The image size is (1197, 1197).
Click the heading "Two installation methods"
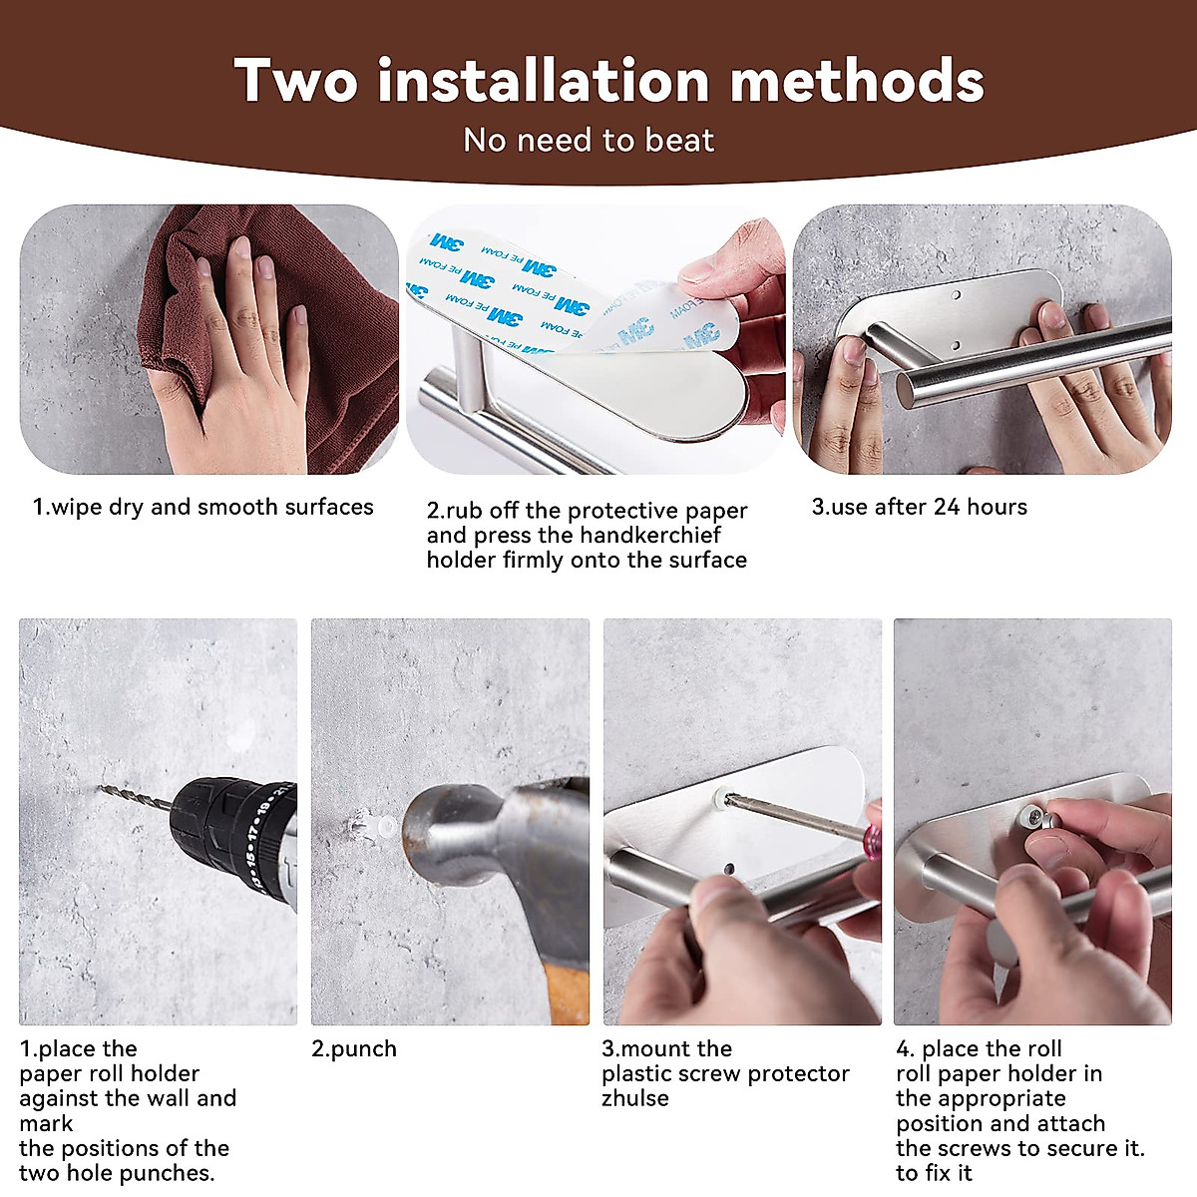(x=608, y=80)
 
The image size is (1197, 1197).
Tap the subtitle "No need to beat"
(x=589, y=140)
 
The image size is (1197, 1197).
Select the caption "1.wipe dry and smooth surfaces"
(x=202, y=507)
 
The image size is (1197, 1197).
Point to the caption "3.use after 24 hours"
(x=919, y=507)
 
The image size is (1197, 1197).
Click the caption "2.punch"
(x=354, y=1049)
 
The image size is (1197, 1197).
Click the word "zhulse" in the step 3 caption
(x=635, y=1098)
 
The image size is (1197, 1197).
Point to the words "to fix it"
(x=934, y=1173)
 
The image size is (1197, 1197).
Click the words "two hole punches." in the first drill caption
(x=117, y=1173)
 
